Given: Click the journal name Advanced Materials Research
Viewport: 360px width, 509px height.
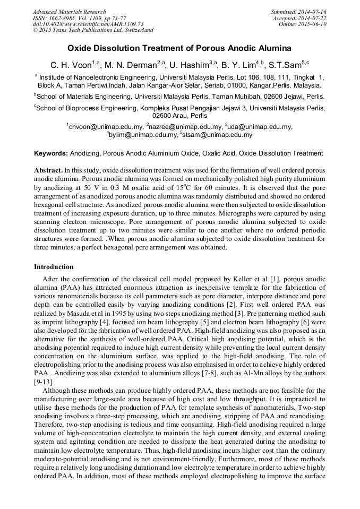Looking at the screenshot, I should [69, 12].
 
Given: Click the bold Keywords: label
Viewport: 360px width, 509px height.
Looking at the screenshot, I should [51, 153].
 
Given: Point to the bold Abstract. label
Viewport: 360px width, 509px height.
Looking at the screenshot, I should [48, 170].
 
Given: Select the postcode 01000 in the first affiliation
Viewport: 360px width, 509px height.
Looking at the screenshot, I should [233, 85].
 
